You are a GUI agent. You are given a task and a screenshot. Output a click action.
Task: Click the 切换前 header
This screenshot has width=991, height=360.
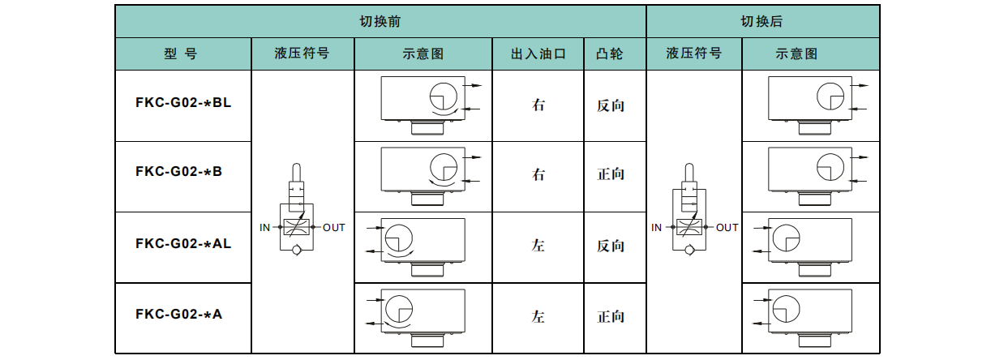[x=380, y=22]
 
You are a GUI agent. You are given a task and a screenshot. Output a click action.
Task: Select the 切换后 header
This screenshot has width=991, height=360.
[x=761, y=22]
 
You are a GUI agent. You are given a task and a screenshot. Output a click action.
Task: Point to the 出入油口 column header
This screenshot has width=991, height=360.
[x=538, y=54]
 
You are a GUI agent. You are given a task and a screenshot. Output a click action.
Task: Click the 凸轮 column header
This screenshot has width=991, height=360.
[x=610, y=54]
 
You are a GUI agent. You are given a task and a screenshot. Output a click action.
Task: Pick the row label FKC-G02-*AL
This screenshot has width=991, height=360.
[x=183, y=243]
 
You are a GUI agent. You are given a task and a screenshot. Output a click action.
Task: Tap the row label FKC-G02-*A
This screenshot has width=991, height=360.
[x=179, y=314]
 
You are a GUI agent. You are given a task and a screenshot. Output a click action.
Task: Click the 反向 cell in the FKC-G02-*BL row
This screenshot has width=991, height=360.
[x=610, y=105]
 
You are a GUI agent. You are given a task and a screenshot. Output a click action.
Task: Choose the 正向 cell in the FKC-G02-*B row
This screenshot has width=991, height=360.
[x=610, y=174]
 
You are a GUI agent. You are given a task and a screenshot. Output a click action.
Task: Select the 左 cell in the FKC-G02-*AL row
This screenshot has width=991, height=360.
[x=538, y=246]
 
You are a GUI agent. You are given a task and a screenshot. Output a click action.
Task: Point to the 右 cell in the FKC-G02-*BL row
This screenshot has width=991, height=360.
[x=538, y=105]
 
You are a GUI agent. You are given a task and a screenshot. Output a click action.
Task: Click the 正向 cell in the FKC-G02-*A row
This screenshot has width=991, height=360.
[x=610, y=316]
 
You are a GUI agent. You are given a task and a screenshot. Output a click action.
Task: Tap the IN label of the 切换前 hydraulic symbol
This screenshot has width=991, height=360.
[x=265, y=228]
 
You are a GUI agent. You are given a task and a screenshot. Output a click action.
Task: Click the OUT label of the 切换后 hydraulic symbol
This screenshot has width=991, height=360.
[x=727, y=228]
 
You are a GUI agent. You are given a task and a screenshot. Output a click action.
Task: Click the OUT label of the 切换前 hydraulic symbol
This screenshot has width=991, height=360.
[x=333, y=228]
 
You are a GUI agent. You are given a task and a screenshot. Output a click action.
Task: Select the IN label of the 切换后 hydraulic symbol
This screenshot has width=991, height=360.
[x=657, y=228]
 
